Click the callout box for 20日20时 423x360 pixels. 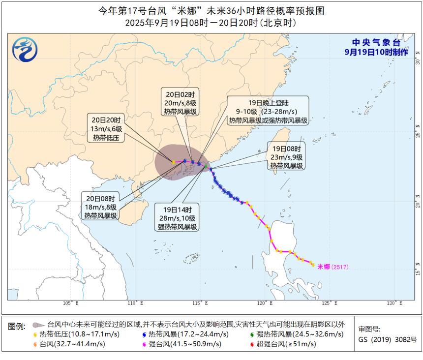pyautogui.click(x=106, y=129)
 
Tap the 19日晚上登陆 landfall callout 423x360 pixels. pyautogui.click(x=268, y=111)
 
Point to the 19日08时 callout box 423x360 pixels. pyautogui.click(x=286, y=156)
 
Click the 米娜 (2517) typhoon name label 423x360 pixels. pyautogui.click(x=333, y=267)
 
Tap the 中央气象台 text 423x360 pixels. pyautogui.click(x=373, y=43)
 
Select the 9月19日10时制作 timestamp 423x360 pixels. pyautogui.click(x=376, y=52)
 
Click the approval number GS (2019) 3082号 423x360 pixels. pyautogui.click(x=388, y=339)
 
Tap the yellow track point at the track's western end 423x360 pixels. pyautogui.click(x=174, y=162)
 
